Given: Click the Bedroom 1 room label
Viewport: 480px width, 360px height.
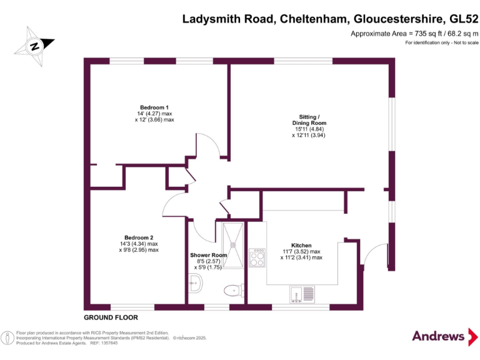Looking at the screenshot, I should pyautogui.click(x=154, y=107).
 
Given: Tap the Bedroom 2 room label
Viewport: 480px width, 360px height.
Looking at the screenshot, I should pyautogui.click(x=139, y=237).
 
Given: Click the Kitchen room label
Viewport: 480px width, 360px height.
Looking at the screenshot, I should pyautogui.click(x=301, y=245).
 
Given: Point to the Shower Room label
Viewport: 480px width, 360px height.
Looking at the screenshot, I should pyautogui.click(x=208, y=255).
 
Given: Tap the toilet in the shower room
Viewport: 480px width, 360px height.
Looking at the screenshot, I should pyautogui.click(x=233, y=289).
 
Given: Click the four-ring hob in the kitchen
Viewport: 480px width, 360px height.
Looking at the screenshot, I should pyautogui.click(x=257, y=257).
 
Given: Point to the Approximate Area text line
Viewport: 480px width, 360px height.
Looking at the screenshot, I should pyautogui.click(x=414, y=33).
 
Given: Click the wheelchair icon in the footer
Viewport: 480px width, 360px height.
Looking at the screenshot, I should pyautogui.click(x=7, y=338).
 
